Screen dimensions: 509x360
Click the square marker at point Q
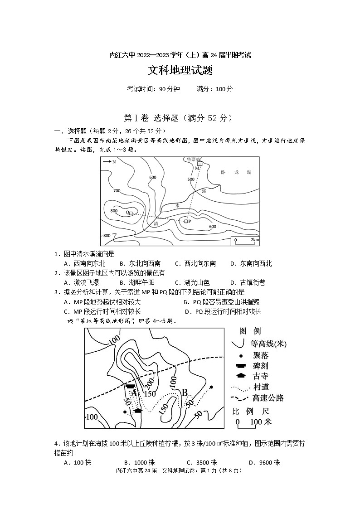click(x=131, y=213)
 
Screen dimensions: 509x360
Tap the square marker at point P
click(x=186, y=221)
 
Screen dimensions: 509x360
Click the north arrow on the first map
click(x=109, y=161)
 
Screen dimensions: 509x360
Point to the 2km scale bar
click(x=245, y=240)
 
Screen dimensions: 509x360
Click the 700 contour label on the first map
click(x=117, y=190)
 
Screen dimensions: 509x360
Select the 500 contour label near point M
click(x=191, y=179)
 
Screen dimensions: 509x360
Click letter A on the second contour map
click(x=134, y=393)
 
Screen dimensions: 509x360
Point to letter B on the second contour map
click(x=185, y=393)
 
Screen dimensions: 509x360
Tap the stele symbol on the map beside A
click(x=131, y=386)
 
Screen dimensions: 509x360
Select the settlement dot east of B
click(x=211, y=387)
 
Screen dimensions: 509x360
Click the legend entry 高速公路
click(x=268, y=398)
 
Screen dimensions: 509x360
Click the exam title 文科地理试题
click(x=180, y=71)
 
